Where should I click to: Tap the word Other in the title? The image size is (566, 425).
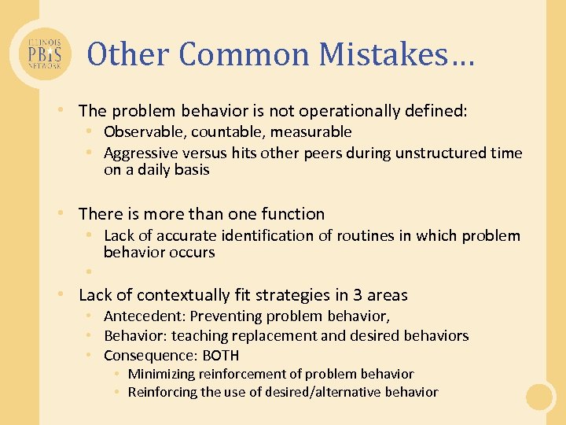point(129,54)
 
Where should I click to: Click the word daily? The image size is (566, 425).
point(154,169)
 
